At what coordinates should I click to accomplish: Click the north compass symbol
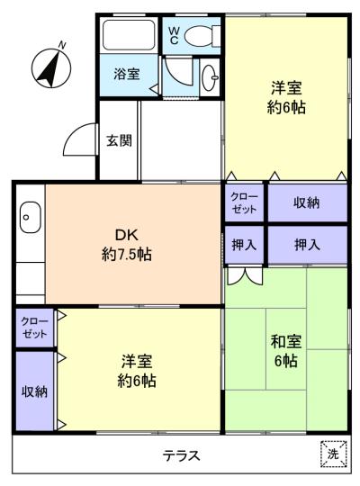51,67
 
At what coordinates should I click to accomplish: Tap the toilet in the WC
202,36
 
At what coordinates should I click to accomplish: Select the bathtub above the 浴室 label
129,35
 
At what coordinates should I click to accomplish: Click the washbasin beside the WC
210,76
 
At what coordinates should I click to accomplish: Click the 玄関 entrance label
119,140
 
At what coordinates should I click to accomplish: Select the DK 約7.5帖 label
127,245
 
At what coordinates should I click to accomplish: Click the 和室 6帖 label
286,351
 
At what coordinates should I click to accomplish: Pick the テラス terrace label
182,455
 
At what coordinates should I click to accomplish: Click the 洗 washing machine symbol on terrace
334,454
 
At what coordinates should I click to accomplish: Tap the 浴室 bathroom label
127,74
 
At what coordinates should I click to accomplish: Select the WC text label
174,35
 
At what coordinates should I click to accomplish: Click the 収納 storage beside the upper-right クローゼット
308,202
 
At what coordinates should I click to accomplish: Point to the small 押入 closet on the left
244,245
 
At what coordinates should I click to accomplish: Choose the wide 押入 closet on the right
308,245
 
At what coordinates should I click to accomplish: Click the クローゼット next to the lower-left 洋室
35,328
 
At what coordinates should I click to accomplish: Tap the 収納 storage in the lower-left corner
35,391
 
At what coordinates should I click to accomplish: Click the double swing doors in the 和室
245,276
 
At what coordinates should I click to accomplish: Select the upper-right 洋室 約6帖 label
286,97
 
